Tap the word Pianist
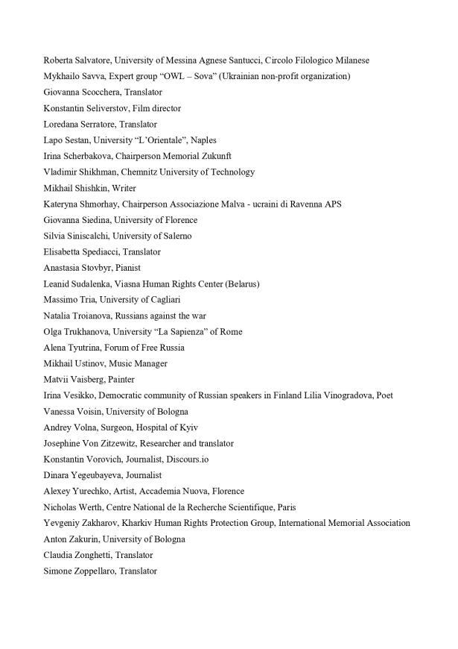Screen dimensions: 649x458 pyautogui.click(x=128, y=268)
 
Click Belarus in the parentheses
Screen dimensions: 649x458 pyautogui.click(x=241, y=283)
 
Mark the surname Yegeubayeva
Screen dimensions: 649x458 pyautogui.click(x=94, y=475)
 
